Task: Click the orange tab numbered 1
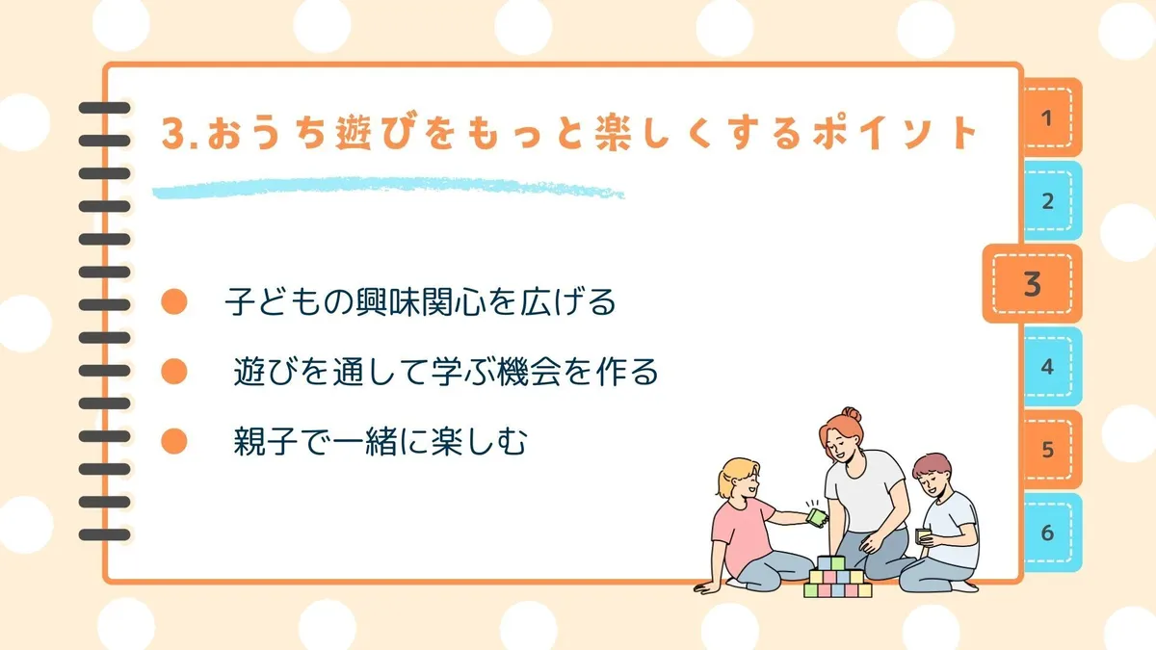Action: click(x=1052, y=117)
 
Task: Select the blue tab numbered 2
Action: click(x=1052, y=200)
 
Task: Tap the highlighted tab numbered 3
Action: click(x=1032, y=284)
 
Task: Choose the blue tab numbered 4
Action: click(x=1052, y=366)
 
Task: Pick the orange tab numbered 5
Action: click(x=1052, y=450)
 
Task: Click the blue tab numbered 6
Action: click(x=1052, y=533)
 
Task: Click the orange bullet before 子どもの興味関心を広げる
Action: click(x=174, y=301)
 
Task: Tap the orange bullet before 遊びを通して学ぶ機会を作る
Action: click(x=174, y=372)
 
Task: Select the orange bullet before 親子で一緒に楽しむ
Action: click(x=174, y=441)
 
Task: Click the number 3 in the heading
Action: click(x=174, y=134)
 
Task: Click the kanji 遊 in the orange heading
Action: click(x=355, y=133)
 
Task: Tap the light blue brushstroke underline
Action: click(x=388, y=189)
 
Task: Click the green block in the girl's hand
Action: click(x=817, y=517)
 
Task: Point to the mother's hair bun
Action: click(x=851, y=414)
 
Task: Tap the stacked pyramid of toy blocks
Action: click(x=837, y=577)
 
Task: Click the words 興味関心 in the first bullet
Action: click(x=421, y=301)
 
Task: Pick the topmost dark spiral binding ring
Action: click(x=104, y=108)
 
